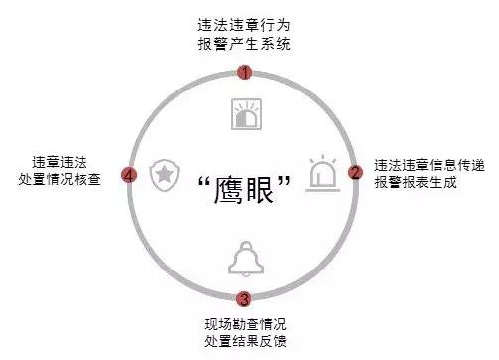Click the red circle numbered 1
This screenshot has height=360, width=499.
[245, 72]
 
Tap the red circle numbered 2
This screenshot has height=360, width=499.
[355, 173]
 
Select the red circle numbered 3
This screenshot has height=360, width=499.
[245, 298]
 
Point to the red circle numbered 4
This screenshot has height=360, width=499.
[128, 175]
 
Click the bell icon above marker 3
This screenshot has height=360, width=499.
[245, 259]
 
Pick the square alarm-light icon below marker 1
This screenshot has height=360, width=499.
[245, 113]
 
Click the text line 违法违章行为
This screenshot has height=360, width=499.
[245, 24]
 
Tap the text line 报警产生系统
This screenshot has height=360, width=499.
[245, 43]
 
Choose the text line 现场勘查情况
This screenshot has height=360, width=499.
[245, 322]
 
